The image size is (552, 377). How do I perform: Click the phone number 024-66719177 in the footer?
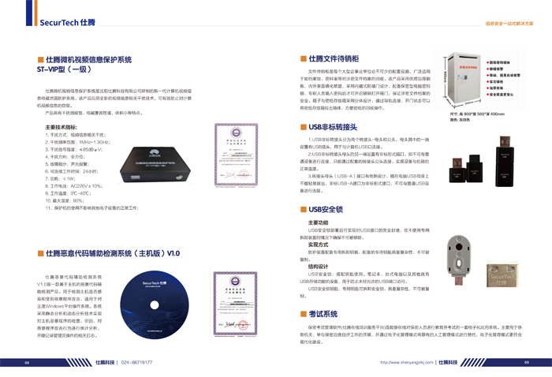coord(136,362)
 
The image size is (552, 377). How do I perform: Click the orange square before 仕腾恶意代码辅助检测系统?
coord(41,253)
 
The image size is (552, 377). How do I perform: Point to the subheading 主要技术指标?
coord(61,126)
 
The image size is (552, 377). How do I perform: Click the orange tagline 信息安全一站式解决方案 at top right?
coord(508,24)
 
